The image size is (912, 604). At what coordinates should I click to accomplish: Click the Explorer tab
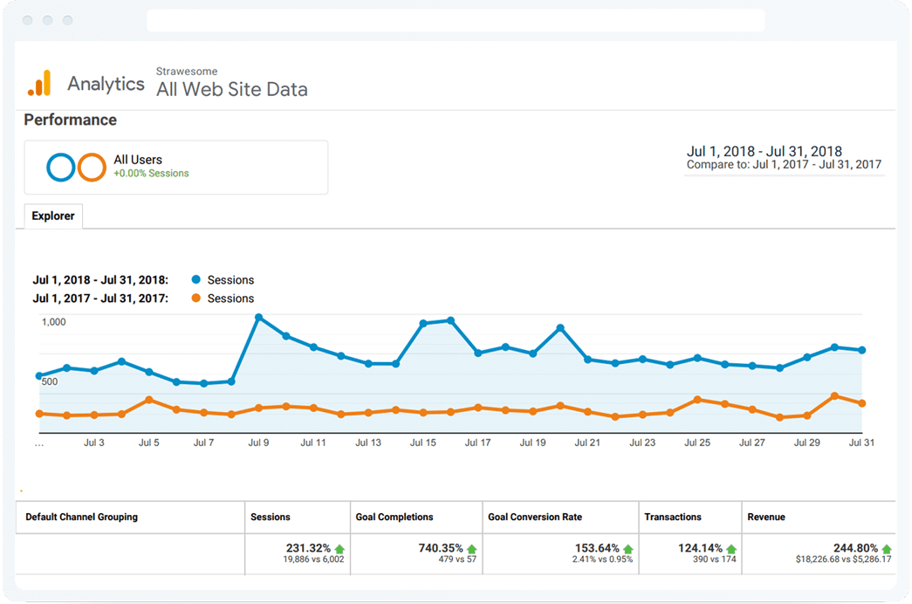[x=53, y=216]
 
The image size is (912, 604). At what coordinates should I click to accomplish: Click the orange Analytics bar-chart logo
[x=39, y=84]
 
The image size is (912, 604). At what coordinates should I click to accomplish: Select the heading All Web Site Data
[x=231, y=89]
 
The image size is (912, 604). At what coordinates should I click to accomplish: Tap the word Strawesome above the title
[x=187, y=72]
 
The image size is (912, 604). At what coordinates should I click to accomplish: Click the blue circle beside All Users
[x=61, y=167]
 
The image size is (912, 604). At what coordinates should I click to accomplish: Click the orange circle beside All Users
[x=92, y=167]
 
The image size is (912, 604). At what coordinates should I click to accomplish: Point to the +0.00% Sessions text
[x=151, y=174]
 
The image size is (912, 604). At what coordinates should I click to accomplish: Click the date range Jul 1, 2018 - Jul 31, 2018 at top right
[x=764, y=151]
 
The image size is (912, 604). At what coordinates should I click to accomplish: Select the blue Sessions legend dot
[x=196, y=280]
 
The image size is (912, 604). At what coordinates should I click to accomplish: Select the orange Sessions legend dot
[x=196, y=299]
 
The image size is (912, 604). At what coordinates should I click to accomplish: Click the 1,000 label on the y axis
[x=53, y=322]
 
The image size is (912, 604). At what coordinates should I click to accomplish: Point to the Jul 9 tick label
[x=258, y=443]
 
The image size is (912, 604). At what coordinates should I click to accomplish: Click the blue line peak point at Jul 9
[x=258, y=318]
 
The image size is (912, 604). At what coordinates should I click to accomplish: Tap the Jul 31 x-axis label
[x=861, y=443]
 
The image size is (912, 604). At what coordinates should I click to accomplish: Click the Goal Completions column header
[x=394, y=517]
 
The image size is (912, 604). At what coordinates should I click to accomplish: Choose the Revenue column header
[x=766, y=517]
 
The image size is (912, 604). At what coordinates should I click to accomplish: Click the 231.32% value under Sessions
[x=308, y=548]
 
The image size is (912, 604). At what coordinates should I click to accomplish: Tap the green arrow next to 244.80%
[x=887, y=549]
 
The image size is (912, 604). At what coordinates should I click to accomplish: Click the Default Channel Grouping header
[x=81, y=517]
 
